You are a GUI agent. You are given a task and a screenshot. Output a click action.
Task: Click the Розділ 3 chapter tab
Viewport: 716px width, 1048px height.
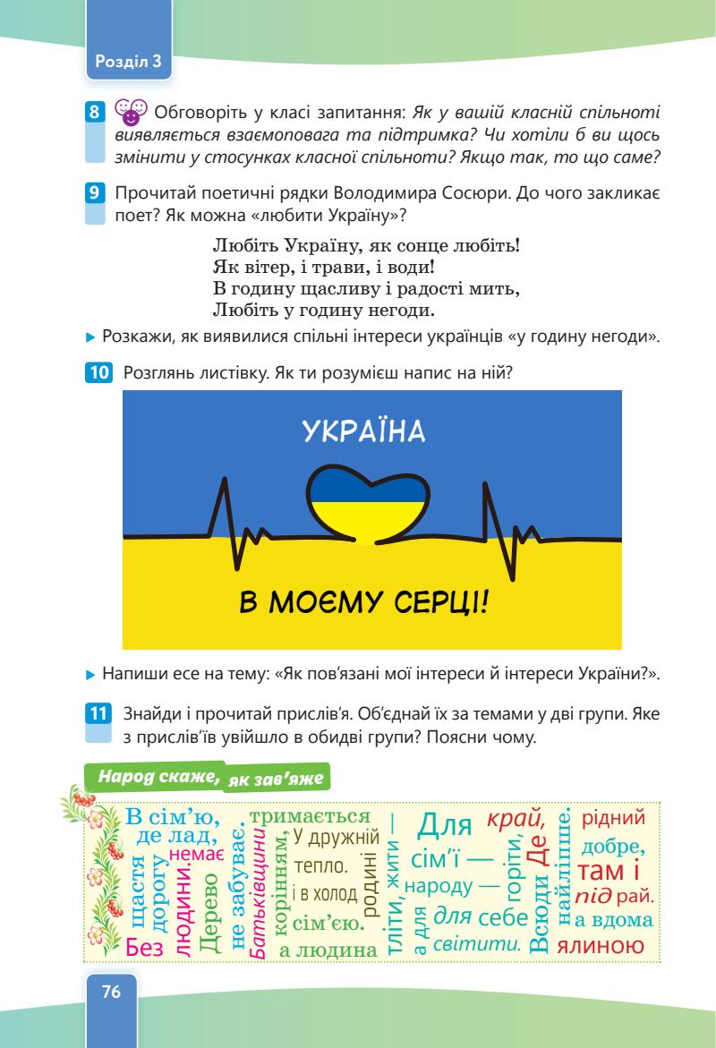[126, 61]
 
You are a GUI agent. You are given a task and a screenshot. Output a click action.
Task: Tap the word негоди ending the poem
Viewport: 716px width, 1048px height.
[391, 311]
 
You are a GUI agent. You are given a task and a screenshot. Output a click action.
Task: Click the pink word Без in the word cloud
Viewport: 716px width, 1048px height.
[140, 943]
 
